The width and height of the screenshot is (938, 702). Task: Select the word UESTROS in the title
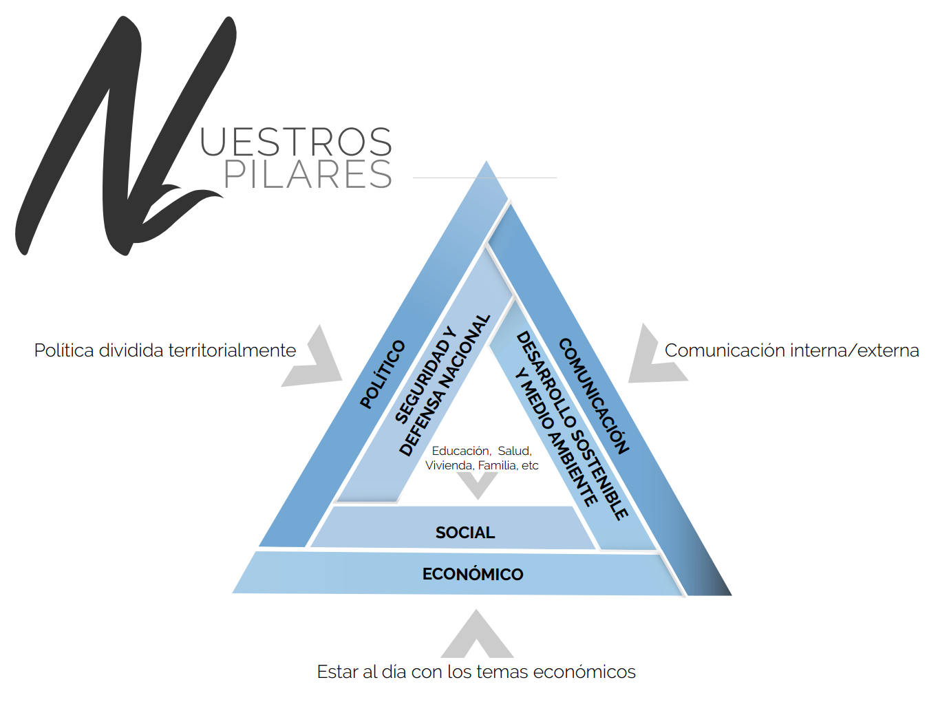pyautogui.click(x=296, y=142)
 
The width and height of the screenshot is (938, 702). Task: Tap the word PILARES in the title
pyautogui.click(x=308, y=174)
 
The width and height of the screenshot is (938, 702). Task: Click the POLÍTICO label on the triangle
pyautogui.click(x=383, y=374)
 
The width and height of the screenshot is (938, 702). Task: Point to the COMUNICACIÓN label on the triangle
pyautogui.click(x=594, y=396)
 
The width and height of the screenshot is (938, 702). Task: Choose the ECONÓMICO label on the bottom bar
pyautogui.click(x=473, y=574)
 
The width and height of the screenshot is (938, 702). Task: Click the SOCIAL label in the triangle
pyautogui.click(x=465, y=533)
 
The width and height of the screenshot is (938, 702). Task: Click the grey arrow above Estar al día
pyautogui.click(x=477, y=637)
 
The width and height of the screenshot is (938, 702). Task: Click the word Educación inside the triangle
pyautogui.click(x=460, y=451)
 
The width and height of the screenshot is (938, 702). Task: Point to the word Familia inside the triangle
pyautogui.click(x=497, y=466)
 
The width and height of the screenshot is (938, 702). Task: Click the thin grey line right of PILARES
pyautogui.click(x=484, y=178)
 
